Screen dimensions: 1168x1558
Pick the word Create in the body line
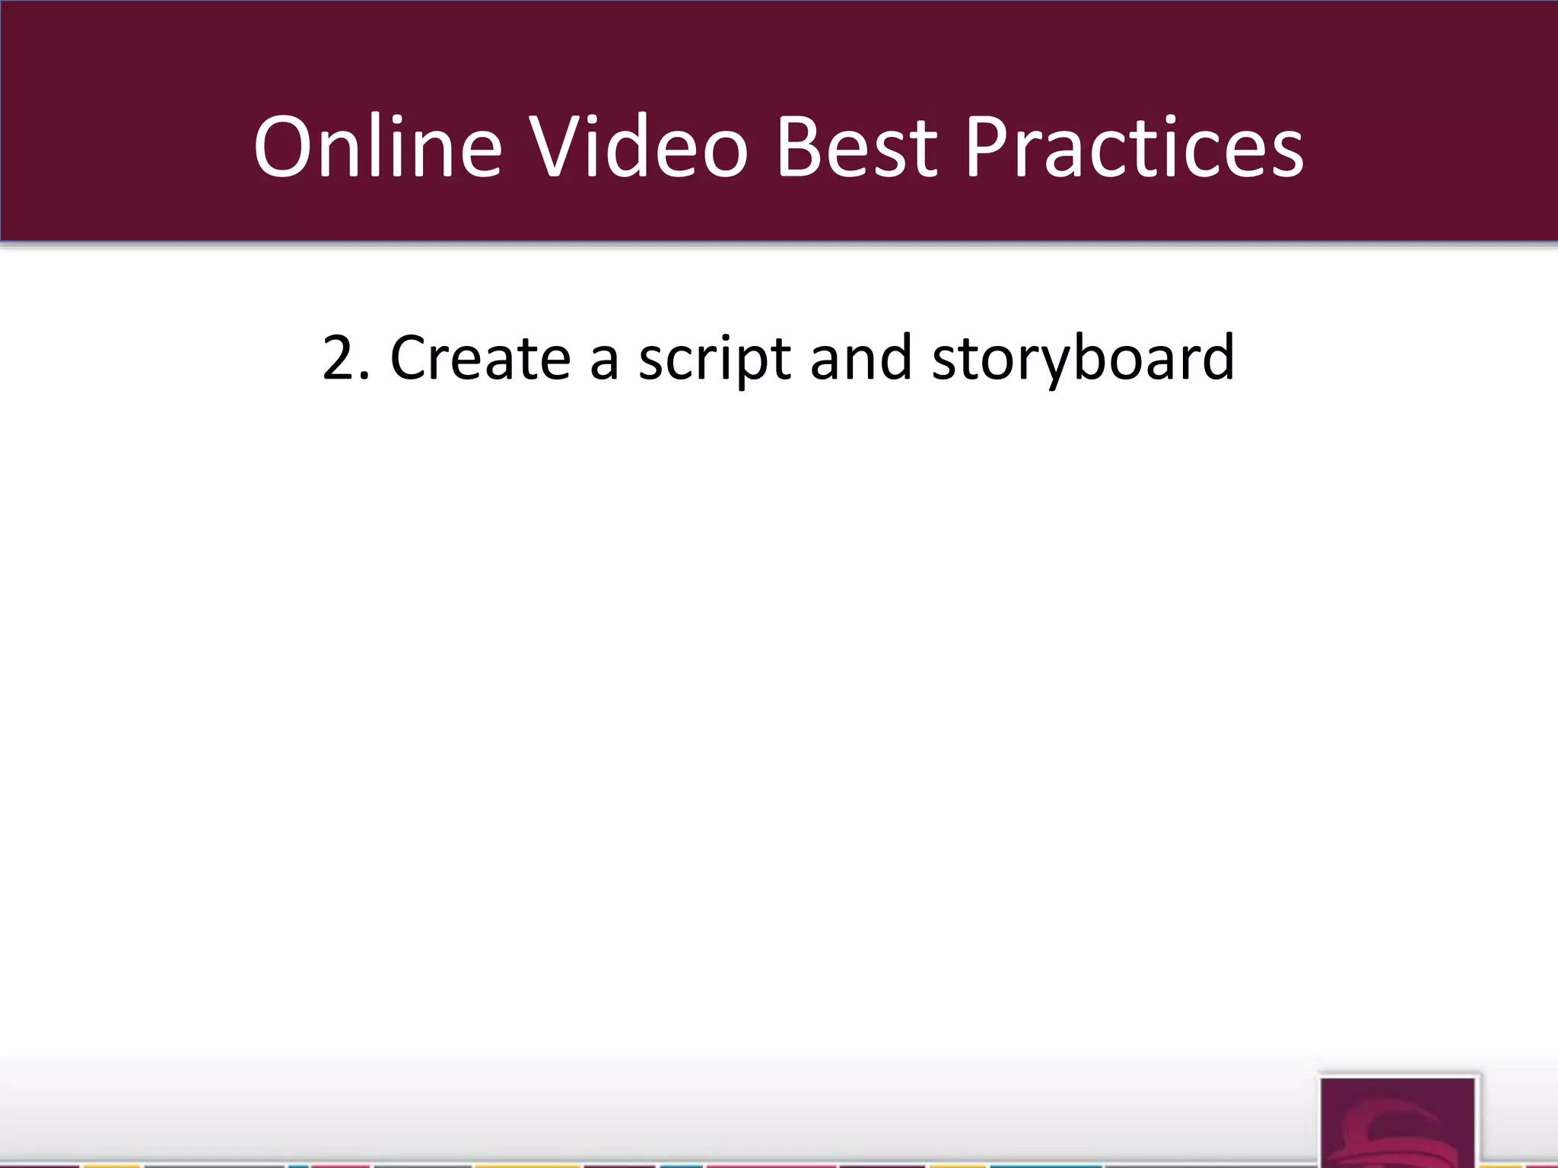point(480,357)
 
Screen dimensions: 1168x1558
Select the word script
point(714,359)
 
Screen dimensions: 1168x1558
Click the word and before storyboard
point(861,357)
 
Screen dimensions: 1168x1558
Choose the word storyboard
point(1083,359)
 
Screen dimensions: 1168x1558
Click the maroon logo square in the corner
point(1398,1121)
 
